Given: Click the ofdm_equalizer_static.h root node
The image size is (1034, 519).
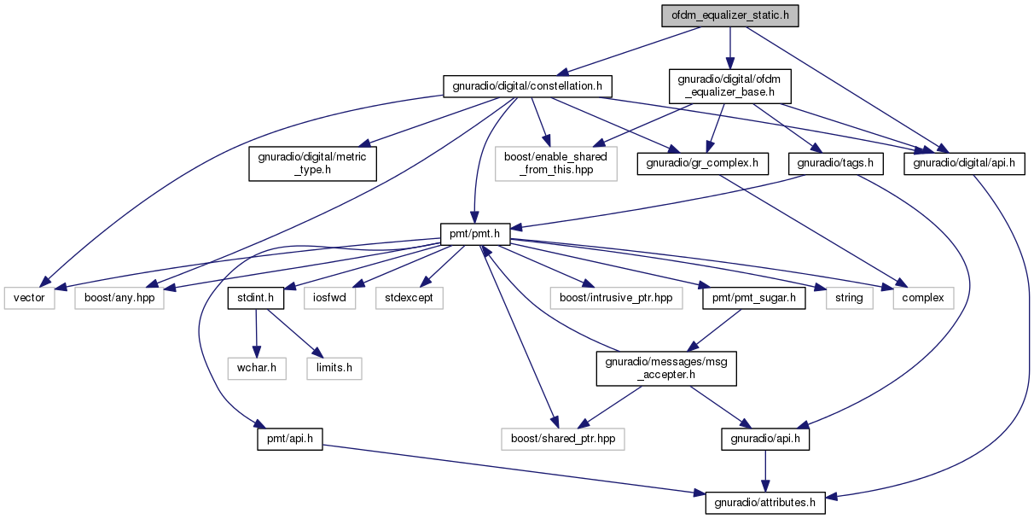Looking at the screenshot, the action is (x=729, y=15).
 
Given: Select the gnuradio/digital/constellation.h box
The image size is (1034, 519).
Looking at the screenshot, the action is (x=527, y=86).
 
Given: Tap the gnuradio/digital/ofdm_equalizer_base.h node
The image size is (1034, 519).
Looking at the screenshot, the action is (x=729, y=86).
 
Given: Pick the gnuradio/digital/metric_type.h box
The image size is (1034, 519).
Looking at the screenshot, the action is (x=312, y=163).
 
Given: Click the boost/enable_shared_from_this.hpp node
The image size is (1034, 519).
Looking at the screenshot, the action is (x=555, y=163).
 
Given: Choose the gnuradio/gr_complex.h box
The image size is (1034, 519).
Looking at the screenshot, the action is (x=703, y=163).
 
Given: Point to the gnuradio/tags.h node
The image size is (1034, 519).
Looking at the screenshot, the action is (x=835, y=163).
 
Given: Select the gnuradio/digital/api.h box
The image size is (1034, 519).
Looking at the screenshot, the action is (x=964, y=163).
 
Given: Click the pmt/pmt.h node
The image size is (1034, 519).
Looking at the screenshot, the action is (x=475, y=234).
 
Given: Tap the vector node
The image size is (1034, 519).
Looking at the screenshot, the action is (x=30, y=298).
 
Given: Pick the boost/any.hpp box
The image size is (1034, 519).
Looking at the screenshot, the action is (x=119, y=298).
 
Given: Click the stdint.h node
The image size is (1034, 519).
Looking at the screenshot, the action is (x=256, y=298).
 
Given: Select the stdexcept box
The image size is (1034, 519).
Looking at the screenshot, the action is (x=410, y=298).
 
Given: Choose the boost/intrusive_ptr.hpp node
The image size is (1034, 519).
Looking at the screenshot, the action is (x=616, y=298).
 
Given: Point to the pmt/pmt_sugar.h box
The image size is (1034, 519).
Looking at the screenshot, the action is (x=754, y=298).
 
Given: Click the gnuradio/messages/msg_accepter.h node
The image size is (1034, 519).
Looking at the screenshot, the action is (x=666, y=369).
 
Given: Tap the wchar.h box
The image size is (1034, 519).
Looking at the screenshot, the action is (x=257, y=369).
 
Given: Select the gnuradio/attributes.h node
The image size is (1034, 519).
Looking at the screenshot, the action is (x=765, y=503).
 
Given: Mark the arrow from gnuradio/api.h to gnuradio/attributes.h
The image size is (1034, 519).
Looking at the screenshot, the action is (x=765, y=471).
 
